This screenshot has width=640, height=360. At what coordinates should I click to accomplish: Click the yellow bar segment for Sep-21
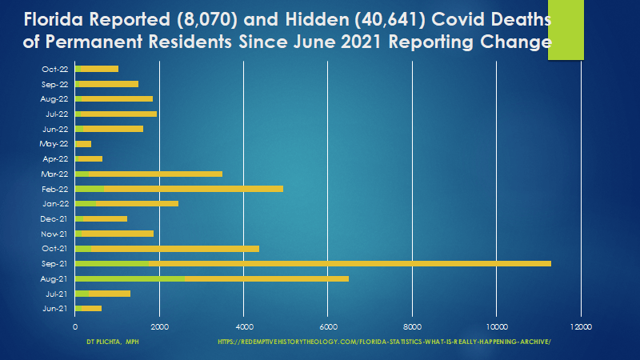click(350, 263)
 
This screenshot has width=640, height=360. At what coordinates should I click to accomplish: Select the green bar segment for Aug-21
click(130, 278)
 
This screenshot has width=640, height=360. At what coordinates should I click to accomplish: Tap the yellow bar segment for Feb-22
click(193, 189)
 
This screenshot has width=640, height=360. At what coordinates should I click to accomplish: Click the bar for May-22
click(83, 144)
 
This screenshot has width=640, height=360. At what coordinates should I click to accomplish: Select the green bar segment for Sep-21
click(112, 263)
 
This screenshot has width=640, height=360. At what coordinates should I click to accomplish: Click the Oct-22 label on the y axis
click(55, 69)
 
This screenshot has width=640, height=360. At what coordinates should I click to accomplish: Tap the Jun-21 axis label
click(55, 308)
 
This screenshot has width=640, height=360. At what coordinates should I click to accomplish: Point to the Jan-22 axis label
click(55, 203)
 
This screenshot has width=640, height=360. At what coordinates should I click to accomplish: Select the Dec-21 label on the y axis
click(55, 218)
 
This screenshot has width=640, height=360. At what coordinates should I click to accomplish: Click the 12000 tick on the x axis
click(581, 326)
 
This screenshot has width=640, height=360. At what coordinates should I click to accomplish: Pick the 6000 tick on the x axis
click(328, 326)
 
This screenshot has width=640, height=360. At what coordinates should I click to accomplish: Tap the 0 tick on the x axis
click(75, 326)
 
